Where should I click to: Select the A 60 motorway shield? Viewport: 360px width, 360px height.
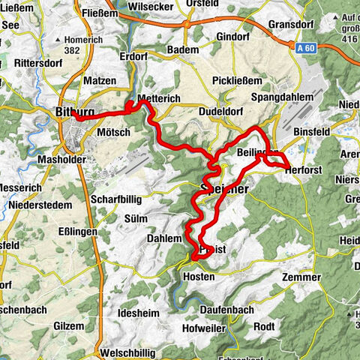[303, 46]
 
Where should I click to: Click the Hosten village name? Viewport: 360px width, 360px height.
[198, 277]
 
